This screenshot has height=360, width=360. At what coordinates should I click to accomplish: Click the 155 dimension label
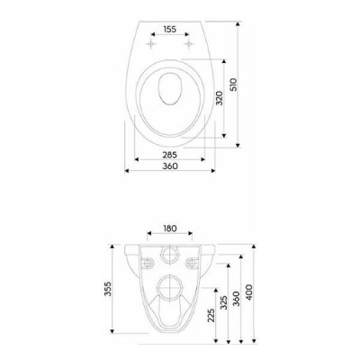click(170, 30)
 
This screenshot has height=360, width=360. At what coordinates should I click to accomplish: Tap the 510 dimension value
click(233, 85)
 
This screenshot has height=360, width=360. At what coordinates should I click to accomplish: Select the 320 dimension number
click(220, 98)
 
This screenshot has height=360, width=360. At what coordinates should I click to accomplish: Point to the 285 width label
click(170, 155)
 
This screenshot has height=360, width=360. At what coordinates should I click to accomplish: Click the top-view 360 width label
click(170, 166)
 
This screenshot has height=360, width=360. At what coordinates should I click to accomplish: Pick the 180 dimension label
click(170, 229)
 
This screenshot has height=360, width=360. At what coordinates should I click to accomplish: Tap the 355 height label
click(108, 289)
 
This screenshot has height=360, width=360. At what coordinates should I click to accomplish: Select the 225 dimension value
click(211, 315)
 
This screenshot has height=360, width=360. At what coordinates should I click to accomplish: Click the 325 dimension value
click(224, 302)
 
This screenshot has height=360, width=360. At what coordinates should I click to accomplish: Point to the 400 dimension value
click(249, 292)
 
